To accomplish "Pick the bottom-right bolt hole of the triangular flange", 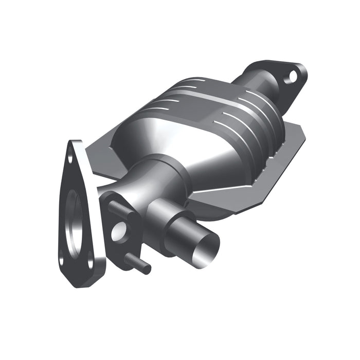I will click(91, 263).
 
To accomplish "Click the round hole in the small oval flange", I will click(117, 232).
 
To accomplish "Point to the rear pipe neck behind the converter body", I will click(257, 85).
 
